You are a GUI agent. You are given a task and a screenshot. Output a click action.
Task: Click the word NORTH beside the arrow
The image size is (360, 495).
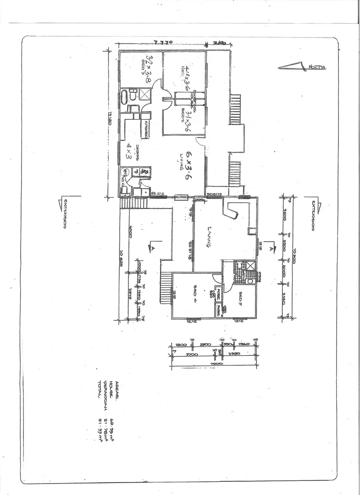[316, 67]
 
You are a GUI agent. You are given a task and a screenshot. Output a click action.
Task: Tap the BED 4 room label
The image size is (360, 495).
[195, 291]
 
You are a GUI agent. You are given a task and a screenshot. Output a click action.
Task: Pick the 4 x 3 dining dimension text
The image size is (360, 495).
[130, 151]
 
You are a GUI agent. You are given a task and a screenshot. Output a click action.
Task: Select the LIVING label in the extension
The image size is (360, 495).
[208, 238]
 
